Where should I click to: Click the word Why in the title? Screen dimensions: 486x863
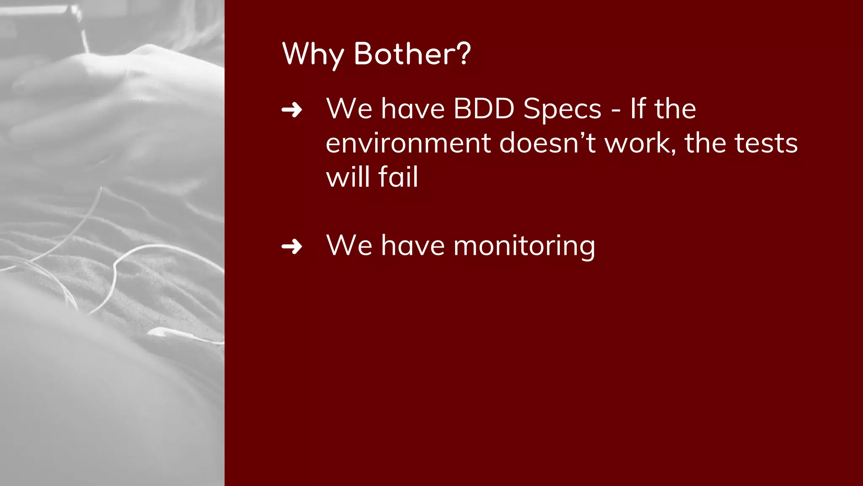pos(313,54)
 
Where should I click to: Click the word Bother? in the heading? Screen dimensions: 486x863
pos(412,54)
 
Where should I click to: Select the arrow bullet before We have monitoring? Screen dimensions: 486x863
pos(292,246)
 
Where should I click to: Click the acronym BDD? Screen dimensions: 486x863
pos(484,109)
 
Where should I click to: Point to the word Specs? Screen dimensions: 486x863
pos(562,110)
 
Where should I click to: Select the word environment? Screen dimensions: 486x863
pos(408,143)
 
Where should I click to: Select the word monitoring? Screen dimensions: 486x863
pos(524,246)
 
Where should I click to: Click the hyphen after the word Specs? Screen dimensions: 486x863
pos(616,111)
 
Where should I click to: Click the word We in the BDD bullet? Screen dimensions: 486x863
pos(349,109)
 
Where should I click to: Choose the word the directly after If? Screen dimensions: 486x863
pos(675,109)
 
